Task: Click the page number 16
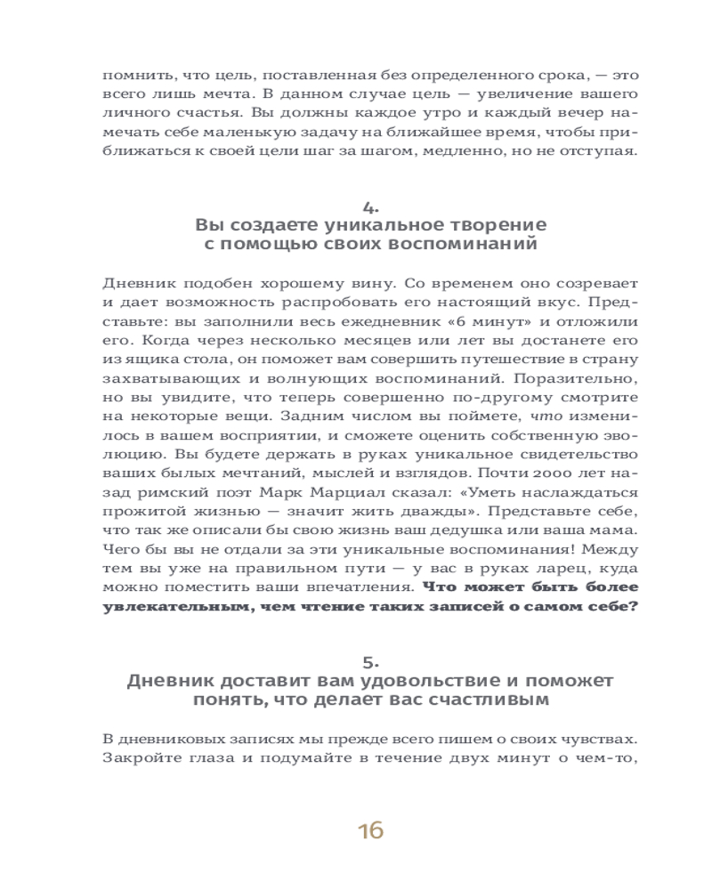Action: tap(370, 831)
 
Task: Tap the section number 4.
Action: tap(370, 206)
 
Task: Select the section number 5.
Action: tap(370, 661)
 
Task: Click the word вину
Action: tap(372, 284)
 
